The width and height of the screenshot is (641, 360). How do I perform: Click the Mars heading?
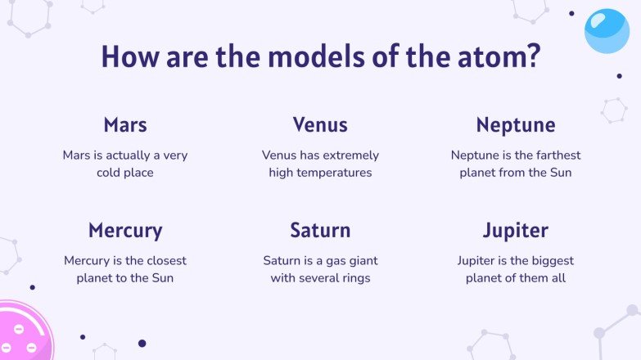[x=125, y=125]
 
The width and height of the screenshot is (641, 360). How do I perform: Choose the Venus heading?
[x=320, y=125]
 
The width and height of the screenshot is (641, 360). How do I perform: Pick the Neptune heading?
[x=516, y=125]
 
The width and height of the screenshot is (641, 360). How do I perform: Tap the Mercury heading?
[x=125, y=230]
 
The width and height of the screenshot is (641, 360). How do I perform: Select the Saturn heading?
[x=320, y=230]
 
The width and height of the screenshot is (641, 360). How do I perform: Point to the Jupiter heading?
[x=516, y=230]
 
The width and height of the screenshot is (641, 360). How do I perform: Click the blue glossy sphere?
[x=607, y=31]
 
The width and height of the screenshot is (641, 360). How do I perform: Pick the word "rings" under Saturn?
[x=354, y=278]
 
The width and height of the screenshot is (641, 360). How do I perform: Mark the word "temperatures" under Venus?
[x=320, y=173]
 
